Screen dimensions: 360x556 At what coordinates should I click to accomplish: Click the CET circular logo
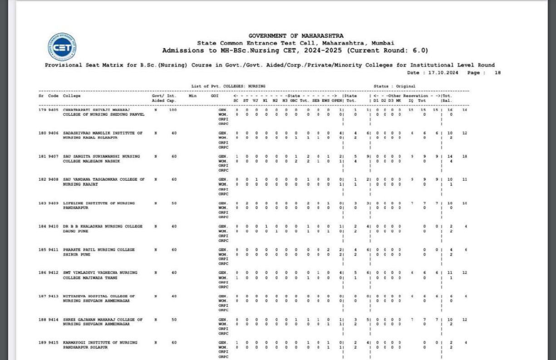pyautogui.click(x=61, y=47)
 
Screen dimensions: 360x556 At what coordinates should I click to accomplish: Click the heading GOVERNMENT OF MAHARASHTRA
pyautogui.click(x=296, y=36)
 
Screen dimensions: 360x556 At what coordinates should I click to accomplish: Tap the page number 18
pyautogui.click(x=497, y=73)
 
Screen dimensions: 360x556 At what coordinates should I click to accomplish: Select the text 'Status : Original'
pyautogui.click(x=394, y=86)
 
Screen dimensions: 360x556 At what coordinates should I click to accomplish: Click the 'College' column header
pyautogui.click(x=72, y=96)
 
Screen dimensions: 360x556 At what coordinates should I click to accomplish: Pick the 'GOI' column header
pyautogui.click(x=215, y=96)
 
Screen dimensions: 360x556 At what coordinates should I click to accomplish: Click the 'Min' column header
pyautogui.click(x=192, y=96)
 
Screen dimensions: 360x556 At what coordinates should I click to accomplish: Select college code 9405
pyautogui.click(x=54, y=110)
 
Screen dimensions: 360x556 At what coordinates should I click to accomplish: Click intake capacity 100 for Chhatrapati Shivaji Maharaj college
pyautogui.click(x=172, y=110)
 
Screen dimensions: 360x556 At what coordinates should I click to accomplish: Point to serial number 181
pyautogui.click(x=42, y=156)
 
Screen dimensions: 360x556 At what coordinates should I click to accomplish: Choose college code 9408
pyautogui.click(x=54, y=179)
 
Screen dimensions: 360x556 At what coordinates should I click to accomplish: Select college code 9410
pyautogui.click(x=54, y=226)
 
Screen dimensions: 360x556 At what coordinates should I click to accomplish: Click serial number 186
pyautogui.click(x=42, y=273)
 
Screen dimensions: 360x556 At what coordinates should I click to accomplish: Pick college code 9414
pyautogui.click(x=54, y=320)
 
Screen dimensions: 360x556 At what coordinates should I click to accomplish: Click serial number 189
pyautogui.click(x=42, y=343)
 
